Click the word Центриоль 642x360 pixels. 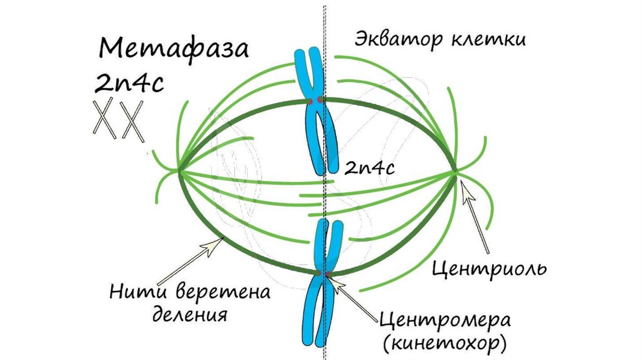click(x=490, y=268)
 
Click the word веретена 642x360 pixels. click(x=223, y=292)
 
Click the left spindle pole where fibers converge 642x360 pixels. click(x=179, y=169)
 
